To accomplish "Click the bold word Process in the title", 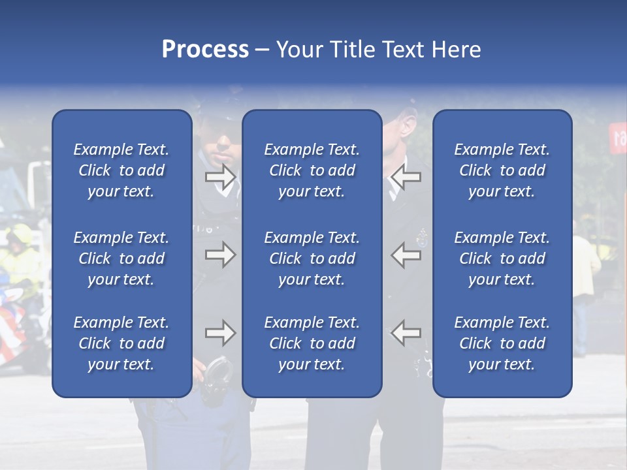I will (205, 50).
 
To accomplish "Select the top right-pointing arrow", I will (220, 177).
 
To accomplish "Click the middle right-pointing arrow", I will (220, 255).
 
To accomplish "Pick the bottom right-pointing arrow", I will (220, 333).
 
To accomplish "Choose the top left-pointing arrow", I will (406, 177).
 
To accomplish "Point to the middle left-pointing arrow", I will (406, 255).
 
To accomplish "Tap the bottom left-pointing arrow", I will (406, 333).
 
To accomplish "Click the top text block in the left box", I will (121, 170).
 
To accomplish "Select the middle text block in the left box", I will (121, 258).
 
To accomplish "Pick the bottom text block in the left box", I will (121, 343).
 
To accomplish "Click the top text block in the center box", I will (312, 170).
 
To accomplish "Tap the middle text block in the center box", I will (312, 258).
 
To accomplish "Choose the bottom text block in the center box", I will (312, 343).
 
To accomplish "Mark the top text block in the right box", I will (502, 170).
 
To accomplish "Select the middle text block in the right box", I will (502, 258).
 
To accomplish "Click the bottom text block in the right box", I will (502, 343).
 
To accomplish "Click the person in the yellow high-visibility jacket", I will (20, 258).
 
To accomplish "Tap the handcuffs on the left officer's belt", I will (217, 379).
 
